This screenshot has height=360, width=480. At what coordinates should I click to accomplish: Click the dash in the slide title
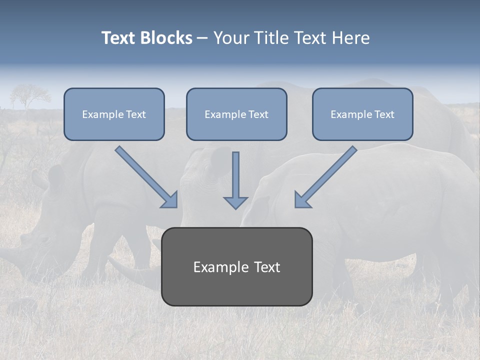click(x=202, y=38)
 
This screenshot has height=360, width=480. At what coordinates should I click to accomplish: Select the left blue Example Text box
click(x=114, y=114)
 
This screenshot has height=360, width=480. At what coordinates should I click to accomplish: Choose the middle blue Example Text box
click(x=236, y=114)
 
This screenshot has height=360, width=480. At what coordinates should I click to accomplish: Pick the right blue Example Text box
click(x=362, y=114)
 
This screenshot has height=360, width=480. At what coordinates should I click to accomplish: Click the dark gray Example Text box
click(x=236, y=266)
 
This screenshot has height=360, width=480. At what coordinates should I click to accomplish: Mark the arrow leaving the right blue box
click(x=327, y=175)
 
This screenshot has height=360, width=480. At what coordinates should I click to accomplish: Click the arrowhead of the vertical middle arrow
click(x=235, y=202)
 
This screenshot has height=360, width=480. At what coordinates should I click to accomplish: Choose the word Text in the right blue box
click(x=384, y=114)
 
